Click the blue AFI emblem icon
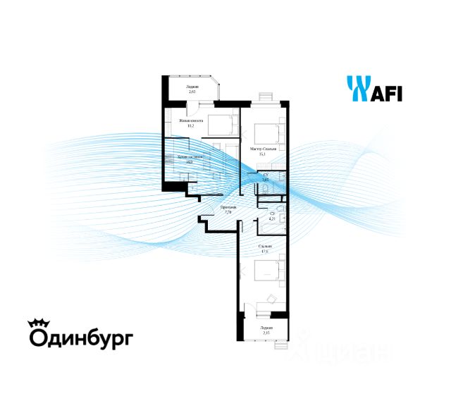[x=357, y=89]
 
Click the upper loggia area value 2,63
[x=192, y=92]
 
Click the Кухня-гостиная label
[x=190, y=158]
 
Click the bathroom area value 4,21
[x=271, y=219]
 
